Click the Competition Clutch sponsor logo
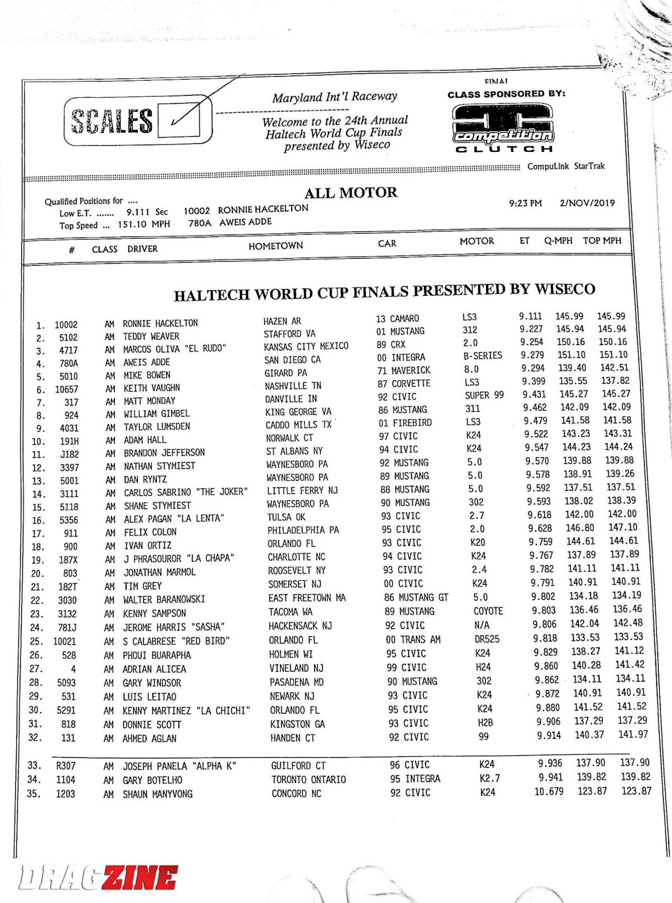click(x=503, y=128)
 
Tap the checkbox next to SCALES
click(x=179, y=120)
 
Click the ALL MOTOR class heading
click(x=351, y=193)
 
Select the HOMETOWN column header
click(x=276, y=245)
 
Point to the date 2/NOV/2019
click(x=587, y=203)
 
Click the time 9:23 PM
click(x=525, y=203)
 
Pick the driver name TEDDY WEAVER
click(x=151, y=336)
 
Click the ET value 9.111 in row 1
click(x=530, y=316)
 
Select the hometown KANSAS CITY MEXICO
click(x=306, y=346)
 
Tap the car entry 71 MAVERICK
click(x=404, y=370)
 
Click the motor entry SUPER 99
click(x=484, y=395)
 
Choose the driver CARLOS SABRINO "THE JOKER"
click(x=185, y=492)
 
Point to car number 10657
click(x=67, y=389)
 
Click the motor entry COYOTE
click(x=488, y=611)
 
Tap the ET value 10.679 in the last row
click(x=549, y=792)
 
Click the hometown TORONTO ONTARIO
click(x=309, y=779)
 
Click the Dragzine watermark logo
click(x=99, y=877)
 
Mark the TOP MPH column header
click(x=602, y=240)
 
